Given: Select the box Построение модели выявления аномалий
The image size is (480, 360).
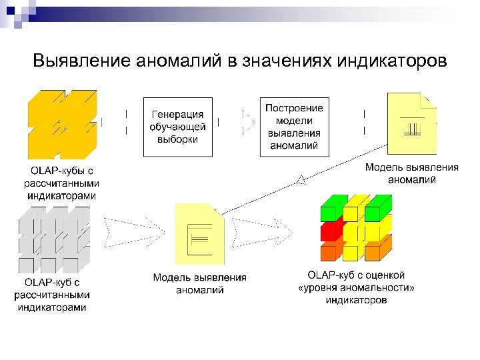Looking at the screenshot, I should click(x=294, y=127).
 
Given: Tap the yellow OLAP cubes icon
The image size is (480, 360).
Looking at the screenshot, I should click(x=62, y=123).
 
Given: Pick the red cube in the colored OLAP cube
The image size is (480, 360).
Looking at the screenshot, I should click(x=331, y=231).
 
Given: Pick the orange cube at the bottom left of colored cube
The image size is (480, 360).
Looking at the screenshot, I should click(x=329, y=252).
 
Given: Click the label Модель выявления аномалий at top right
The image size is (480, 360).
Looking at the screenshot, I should click(x=411, y=173).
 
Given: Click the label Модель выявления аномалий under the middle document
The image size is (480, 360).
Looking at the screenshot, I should click(x=199, y=283).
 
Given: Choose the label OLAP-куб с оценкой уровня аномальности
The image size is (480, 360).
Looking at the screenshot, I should click(x=356, y=287).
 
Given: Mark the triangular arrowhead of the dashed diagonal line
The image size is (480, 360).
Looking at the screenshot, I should click(x=301, y=178).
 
